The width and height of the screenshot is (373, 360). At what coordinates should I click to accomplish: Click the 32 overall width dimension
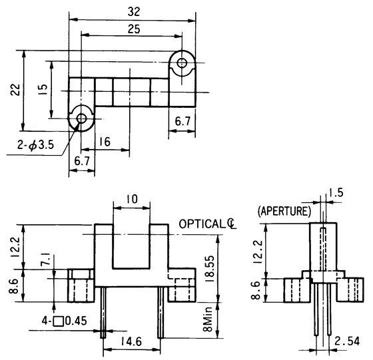pos(135,11)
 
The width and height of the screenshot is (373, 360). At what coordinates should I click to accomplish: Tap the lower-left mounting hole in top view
pos(81,119)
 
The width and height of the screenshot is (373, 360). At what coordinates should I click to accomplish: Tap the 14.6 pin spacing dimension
pos(131,343)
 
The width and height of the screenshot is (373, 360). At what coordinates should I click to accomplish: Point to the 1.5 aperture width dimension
pos(336,193)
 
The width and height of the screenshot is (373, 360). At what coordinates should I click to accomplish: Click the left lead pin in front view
pos(103,312)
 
